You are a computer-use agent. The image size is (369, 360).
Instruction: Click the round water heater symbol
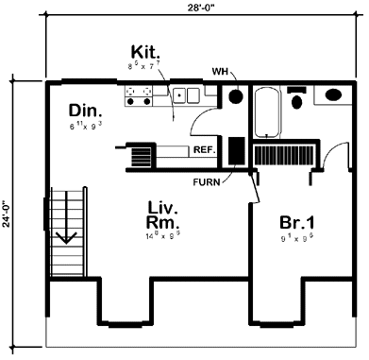point(235,96)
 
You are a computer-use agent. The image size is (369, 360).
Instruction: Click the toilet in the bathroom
point(297,98)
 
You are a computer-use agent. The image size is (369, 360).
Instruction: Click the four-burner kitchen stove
point(141,94)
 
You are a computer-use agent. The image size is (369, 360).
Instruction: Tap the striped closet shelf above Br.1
point(283,155)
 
